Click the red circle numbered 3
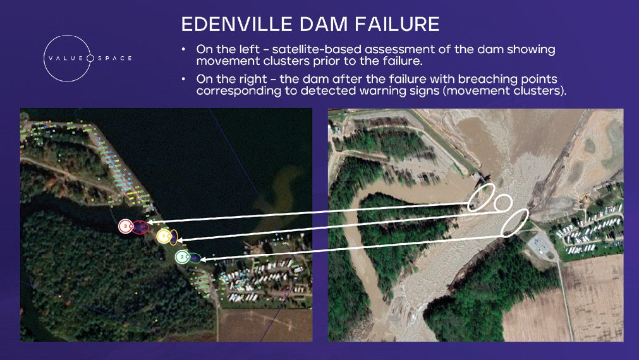126,226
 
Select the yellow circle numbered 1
163,236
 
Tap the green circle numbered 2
182,257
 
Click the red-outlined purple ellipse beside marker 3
142,225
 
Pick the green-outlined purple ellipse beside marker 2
195,258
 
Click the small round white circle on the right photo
502,203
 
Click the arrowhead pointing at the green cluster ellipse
207,258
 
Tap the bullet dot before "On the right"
183,79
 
